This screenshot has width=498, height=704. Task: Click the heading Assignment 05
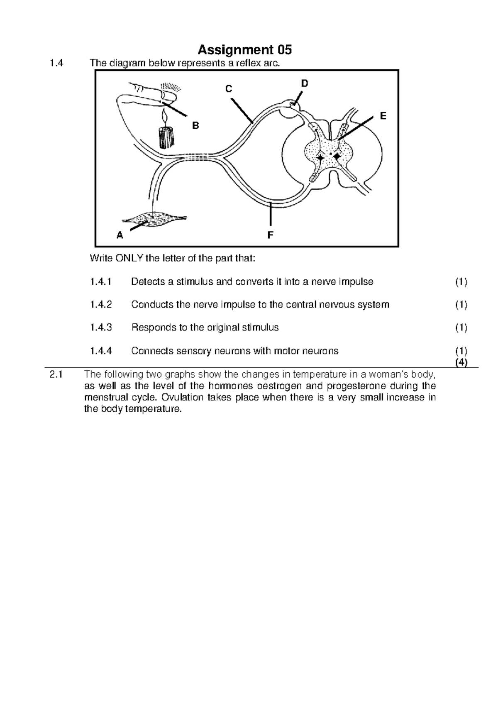(244, 50)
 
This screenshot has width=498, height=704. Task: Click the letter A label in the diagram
(120, 236)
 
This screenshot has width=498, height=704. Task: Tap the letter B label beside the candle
(195, 125)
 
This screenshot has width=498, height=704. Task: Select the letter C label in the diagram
(228, 89)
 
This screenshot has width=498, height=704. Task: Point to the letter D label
(305, 83)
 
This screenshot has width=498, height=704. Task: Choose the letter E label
(383, 116)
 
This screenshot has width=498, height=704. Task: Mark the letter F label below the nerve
(270, 236)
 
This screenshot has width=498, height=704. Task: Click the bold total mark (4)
(461, 362)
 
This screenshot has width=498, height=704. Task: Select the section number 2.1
(56, 374)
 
